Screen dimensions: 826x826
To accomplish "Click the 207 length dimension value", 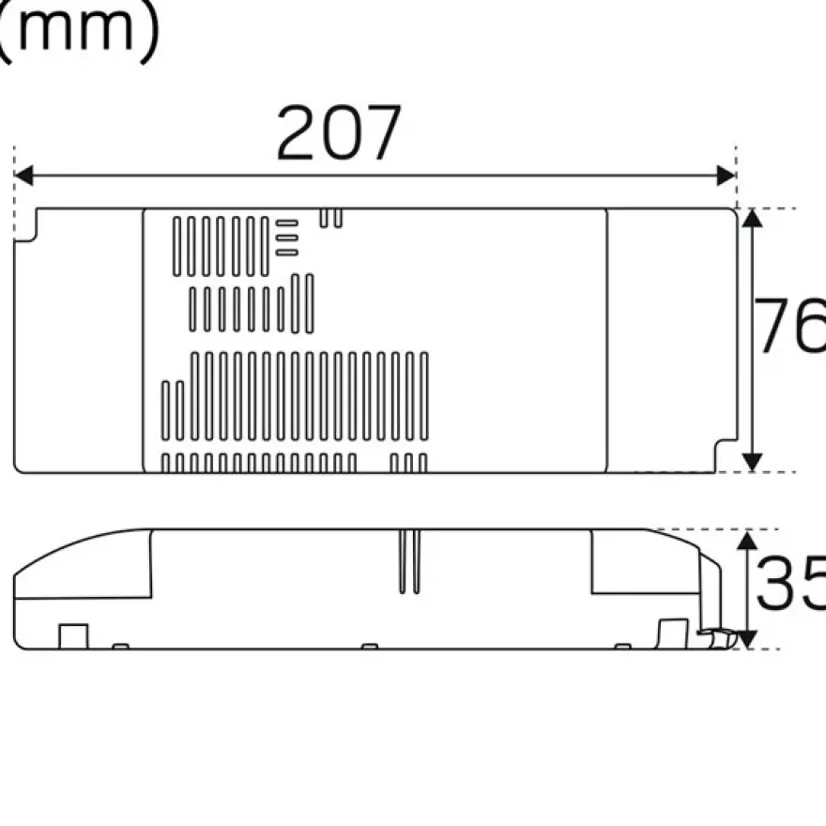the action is tap(339, 132).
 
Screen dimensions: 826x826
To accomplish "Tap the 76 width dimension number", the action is tap(790, 325).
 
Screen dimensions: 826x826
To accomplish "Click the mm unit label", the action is tap(76, 32).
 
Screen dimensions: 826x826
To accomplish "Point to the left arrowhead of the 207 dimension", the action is tap(23, 176).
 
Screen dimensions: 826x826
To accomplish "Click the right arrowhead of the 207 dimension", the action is tap(726, 176).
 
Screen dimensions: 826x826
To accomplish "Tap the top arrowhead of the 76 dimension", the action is tap(752, 218).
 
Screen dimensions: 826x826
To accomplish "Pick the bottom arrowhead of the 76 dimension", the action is tap(752, 462).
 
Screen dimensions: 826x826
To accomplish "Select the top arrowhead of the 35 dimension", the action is tap(747, 541).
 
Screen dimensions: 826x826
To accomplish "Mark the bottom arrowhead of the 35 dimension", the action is tap(747, 639).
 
